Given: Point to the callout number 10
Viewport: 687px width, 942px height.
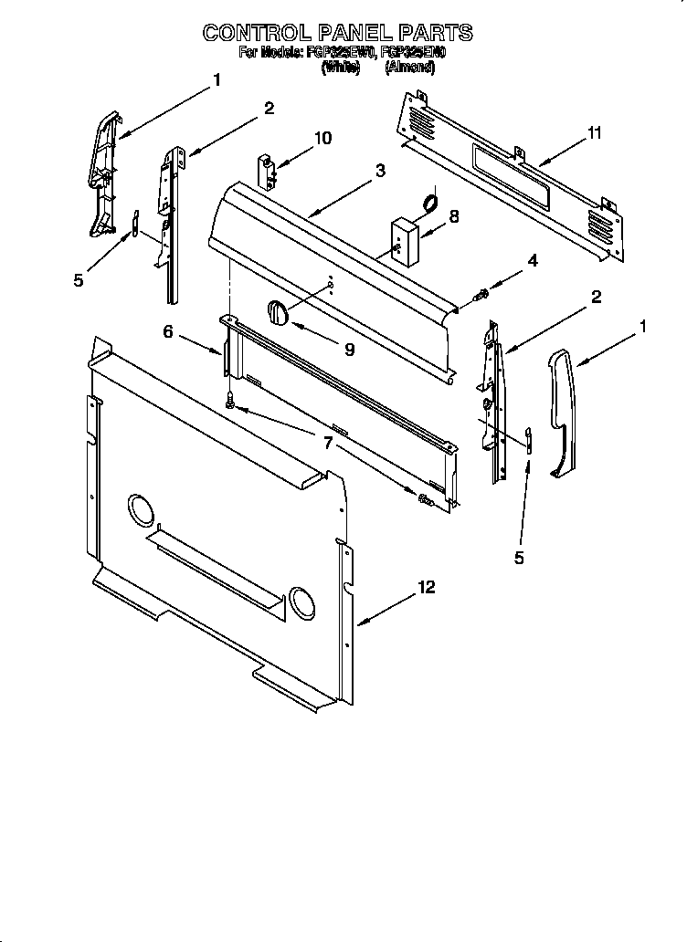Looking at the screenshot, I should click(x=322, y=138).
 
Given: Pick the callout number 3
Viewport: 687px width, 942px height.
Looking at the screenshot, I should click(x=379, y=171).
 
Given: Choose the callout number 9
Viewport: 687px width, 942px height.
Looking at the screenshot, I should click(x=349, y=348).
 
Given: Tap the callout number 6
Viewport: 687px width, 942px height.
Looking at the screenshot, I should click(x=168, y=332).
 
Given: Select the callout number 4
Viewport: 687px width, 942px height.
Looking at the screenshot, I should click(x=532, y=261).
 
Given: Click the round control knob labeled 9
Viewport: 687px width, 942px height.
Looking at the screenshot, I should click(x=278, y=312).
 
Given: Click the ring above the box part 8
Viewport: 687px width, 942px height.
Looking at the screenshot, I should click(x=428, y=202).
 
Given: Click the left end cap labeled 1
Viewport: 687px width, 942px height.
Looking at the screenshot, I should click(x=104, y=173).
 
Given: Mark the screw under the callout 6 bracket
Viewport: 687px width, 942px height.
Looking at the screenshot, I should click(x=231, y=398).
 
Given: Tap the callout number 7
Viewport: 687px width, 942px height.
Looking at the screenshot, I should click(x=327, y=444).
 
